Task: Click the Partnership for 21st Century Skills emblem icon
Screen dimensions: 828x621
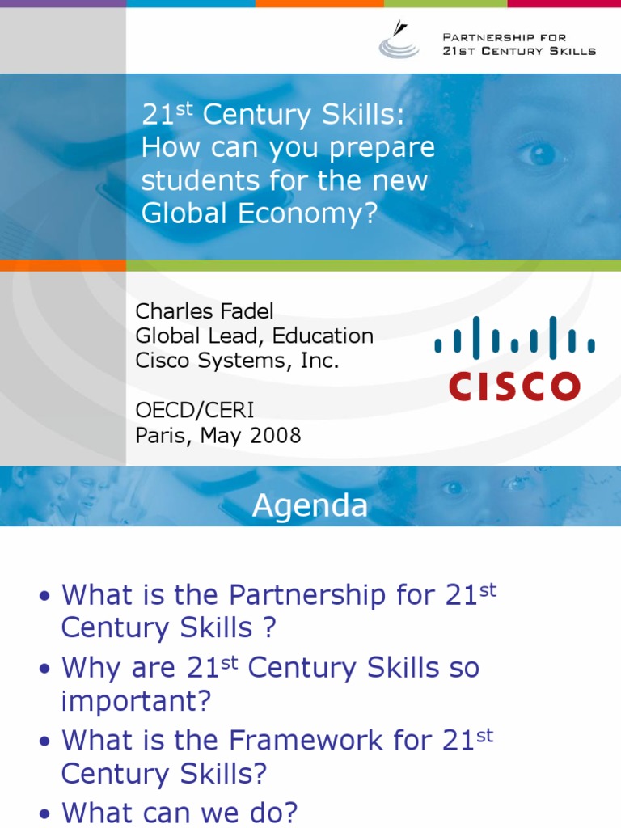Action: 399,40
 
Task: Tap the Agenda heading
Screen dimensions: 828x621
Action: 310,505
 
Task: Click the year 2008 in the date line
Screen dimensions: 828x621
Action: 275,436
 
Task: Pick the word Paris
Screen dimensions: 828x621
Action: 159,436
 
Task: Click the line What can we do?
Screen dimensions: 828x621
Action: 180,812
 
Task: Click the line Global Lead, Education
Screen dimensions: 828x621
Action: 254,336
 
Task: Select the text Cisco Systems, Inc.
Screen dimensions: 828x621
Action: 237,361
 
